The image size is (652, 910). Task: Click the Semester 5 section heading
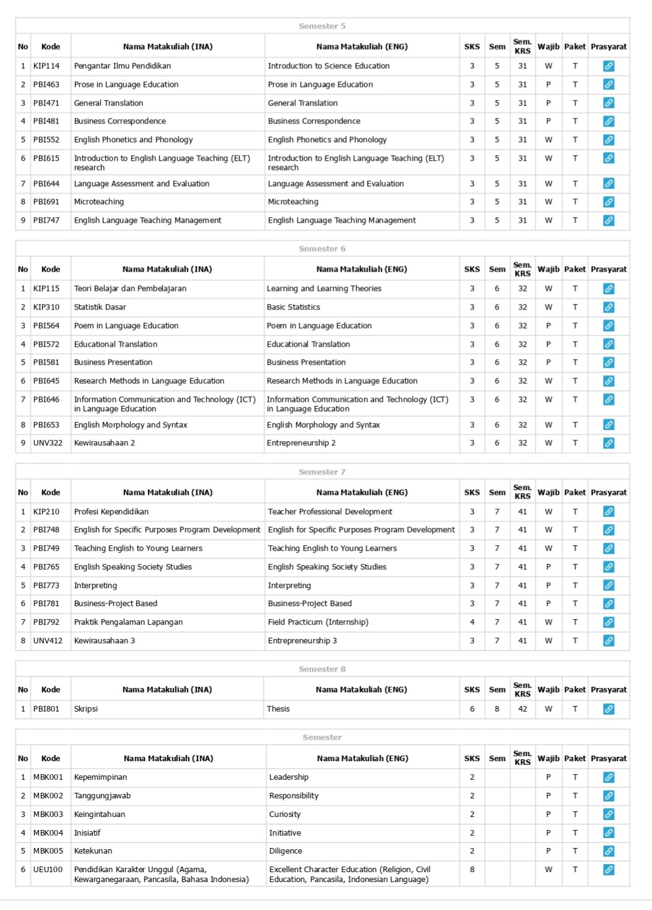pos(322,26)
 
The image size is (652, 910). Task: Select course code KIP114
pos(46,66)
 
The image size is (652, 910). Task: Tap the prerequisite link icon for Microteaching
pos(609,202)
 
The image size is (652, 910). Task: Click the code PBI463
pos(46,84)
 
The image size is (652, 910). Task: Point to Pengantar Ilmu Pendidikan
pos(122,66)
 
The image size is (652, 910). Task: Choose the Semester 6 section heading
pos(322,249)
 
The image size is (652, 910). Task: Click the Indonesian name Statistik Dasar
pos(100,307)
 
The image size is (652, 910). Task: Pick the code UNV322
pos(48,443)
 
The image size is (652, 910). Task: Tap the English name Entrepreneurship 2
pos(301,443)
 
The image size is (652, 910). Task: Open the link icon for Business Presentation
pos(609,363)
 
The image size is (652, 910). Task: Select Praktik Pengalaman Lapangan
pos(128,622)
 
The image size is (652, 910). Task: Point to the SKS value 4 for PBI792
pos(472,622)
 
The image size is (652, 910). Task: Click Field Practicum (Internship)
pos(318,622)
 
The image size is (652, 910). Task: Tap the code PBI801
pos(46,709)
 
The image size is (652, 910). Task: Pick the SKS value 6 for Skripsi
pos(472,709)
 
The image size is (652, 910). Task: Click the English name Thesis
pos(278,709)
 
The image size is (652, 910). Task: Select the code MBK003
pos(48,814)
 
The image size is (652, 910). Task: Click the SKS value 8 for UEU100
pos(472,870)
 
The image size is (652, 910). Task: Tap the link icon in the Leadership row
pos(609,777)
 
